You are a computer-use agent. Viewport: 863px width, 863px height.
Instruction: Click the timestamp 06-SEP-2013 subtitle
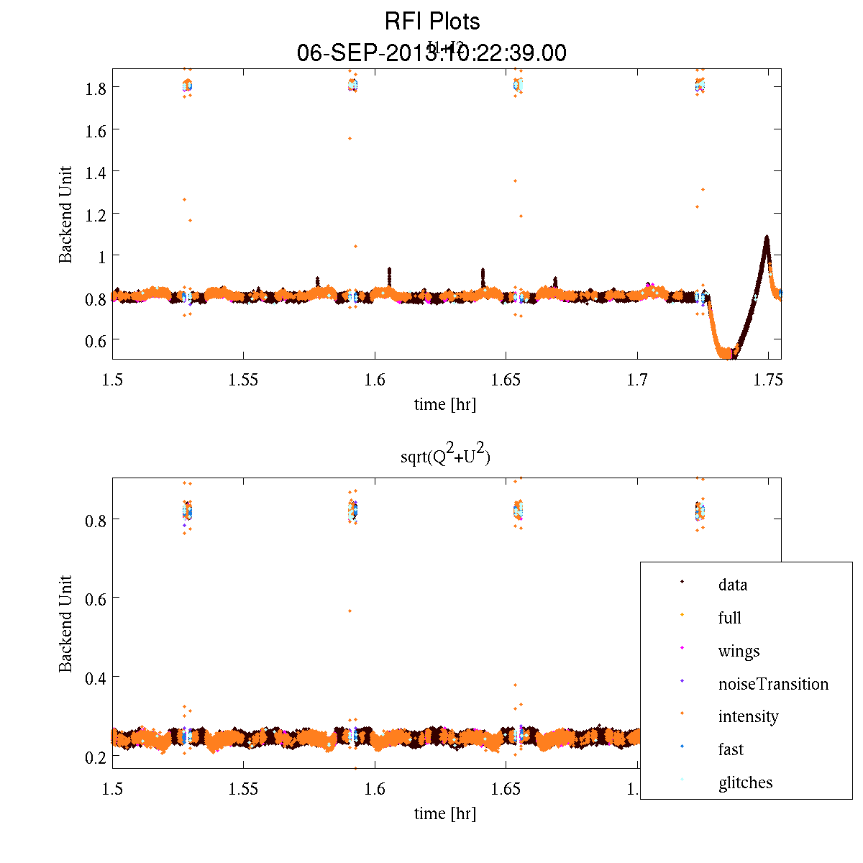click(x=431, y=52)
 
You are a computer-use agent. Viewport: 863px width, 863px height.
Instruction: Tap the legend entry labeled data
click(x=732, y=585)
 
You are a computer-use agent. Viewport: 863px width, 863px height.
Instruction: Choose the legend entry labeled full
click(x=729, y=618)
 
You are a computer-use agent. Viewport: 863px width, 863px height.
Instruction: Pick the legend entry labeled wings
click(x=739, y=651)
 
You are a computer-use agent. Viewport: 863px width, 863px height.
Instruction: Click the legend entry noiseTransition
click(x=773, y=684)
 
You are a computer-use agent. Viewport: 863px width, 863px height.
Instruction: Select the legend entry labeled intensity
click(x=748, y=716)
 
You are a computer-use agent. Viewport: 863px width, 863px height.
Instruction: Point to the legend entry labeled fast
click(x=731, y=749)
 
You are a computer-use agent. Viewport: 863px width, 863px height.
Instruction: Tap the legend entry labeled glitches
click(x=745, y=782)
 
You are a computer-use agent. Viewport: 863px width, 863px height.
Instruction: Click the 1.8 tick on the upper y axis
click(x=97, y=88)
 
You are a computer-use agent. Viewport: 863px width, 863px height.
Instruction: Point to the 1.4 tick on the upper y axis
click(x=97, y=172)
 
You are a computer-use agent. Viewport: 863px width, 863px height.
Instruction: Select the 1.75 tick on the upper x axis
click(x=768, y=379)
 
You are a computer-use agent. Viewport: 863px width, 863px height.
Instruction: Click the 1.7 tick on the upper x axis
click(x=637, y=379)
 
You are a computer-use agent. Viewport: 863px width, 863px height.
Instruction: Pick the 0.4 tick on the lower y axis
click(x=97, y=677)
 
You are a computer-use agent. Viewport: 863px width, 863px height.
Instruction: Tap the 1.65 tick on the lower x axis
click(x=506, y=789)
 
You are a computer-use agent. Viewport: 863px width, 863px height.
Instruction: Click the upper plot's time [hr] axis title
click(x=444, y=404)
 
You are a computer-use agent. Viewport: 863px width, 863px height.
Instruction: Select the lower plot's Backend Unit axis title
click(x=65, y=624)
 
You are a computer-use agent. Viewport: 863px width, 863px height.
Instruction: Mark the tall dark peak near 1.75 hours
click(x=767, y=238)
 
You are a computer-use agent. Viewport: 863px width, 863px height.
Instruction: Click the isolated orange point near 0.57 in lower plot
click(x=350, y=611)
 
